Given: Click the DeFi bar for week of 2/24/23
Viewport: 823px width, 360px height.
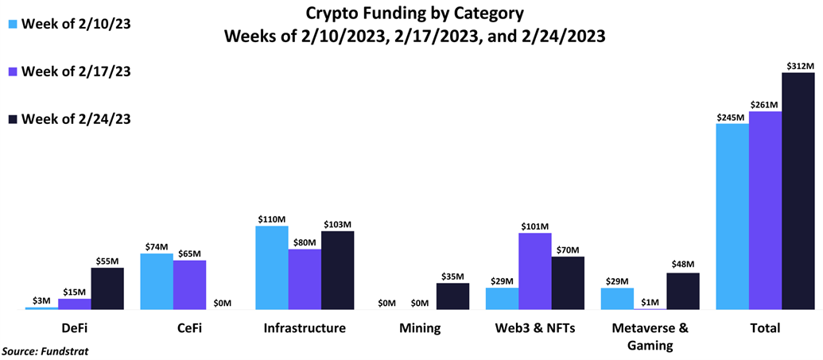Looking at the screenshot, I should click(107, 288).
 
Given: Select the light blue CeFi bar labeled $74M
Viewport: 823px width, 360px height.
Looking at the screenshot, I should click(156, 281).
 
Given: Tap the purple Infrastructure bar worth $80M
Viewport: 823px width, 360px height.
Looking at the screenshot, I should click(305, 279).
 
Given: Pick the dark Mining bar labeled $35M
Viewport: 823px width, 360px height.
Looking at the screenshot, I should click(452, 296).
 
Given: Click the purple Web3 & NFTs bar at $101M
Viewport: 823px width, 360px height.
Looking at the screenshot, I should click(534, 271).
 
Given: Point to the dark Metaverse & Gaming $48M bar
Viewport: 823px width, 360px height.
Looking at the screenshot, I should click(682, 291).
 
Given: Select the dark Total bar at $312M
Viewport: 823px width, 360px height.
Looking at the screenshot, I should click(798, 191).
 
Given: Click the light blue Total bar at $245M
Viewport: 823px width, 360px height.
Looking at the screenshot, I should click(732, 216).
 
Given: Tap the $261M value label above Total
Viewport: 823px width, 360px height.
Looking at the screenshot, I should click(765, 104).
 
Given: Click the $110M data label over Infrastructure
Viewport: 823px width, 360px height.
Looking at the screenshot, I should click(271, 219).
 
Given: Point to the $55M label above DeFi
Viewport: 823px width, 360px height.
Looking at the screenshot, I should click(107, 261).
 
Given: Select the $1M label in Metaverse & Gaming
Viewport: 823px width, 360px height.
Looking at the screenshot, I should click(650, 301).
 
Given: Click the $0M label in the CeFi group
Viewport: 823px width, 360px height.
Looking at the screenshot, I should click(222, 303).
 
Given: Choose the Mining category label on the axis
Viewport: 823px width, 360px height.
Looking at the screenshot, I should click(420, 328).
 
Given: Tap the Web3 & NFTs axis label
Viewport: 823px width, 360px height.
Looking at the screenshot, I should click(534, 328).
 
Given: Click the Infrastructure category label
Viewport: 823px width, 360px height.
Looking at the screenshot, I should click(305, 328).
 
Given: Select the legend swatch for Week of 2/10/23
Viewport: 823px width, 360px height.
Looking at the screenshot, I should click(12, 24).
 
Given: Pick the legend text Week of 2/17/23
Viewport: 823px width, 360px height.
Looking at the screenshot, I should click(76, 72).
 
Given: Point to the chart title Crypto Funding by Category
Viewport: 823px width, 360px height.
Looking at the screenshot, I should click(414, 14).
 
